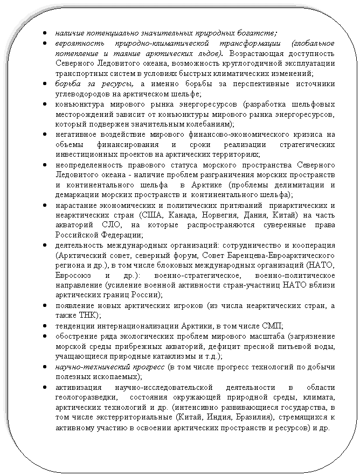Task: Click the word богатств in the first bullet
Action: click(256, 32)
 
